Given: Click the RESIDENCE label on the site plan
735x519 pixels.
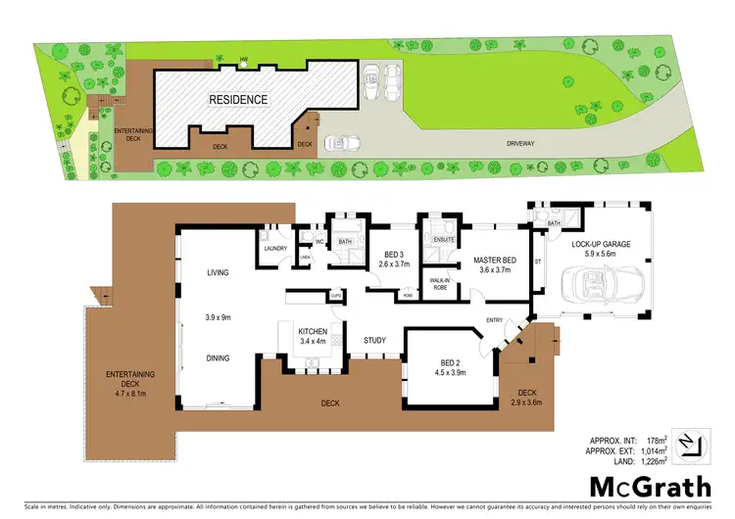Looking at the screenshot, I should point(236,100).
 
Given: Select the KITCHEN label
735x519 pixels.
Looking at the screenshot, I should point(313,331).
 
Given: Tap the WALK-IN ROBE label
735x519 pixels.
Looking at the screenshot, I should point(440,285).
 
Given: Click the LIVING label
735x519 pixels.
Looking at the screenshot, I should point(218,273).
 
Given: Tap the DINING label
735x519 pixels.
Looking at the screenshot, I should point(218,358).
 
